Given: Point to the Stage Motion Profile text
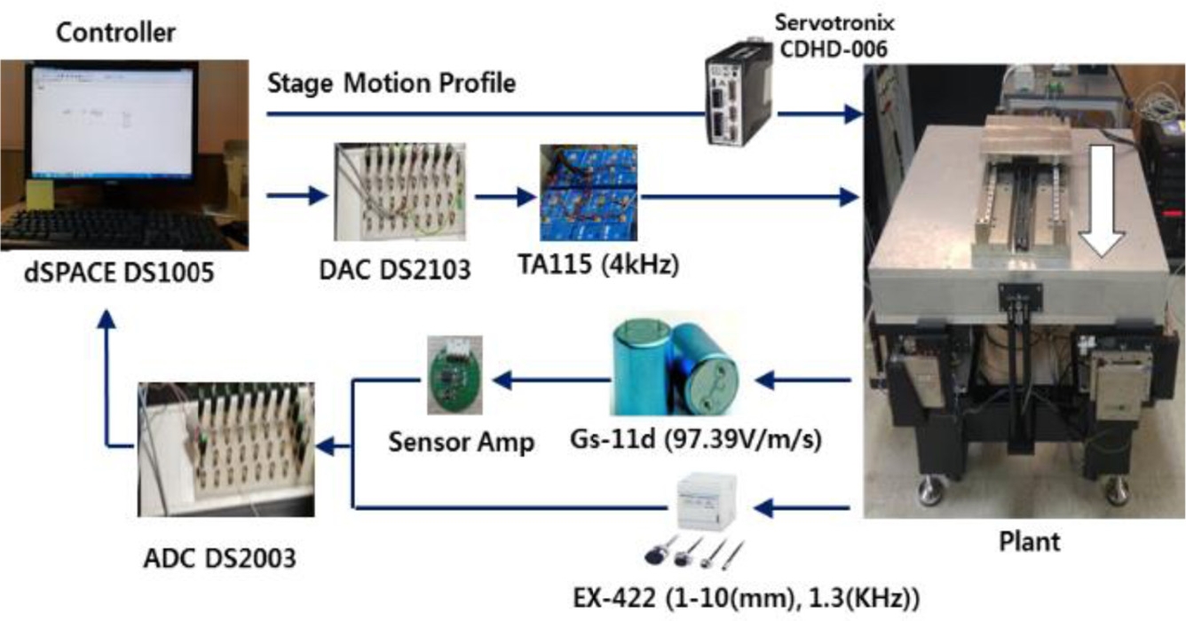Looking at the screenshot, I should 391,84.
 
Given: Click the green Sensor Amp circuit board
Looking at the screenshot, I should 455,374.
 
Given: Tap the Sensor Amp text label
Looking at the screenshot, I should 462,441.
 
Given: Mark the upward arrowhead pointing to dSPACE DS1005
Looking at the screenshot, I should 106,321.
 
